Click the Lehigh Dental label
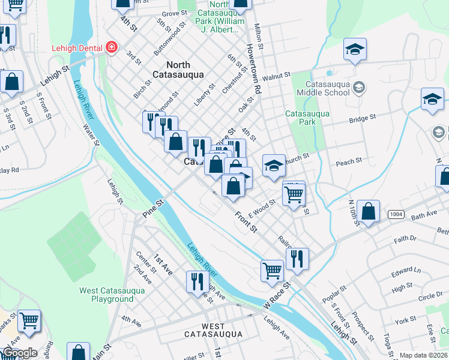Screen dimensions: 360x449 point(77,46)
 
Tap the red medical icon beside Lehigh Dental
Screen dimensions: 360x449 point(111,47)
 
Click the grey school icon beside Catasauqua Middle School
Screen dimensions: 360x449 point(359,88)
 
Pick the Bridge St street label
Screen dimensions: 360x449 point(362,119)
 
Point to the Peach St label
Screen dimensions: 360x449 point(349,162)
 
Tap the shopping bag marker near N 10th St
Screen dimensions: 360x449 point(368,211)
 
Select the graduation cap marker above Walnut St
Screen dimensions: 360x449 point(355,50)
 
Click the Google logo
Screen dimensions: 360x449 point(20,353)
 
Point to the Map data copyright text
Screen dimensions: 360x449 point(423,355)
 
